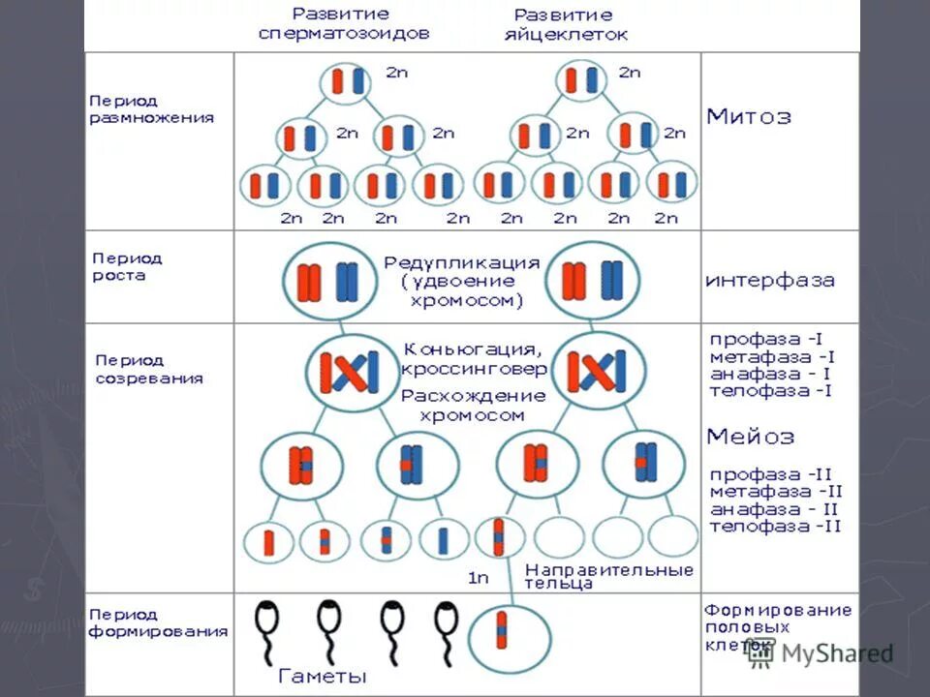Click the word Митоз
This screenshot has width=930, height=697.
pyautogui.click(x=749, y=117)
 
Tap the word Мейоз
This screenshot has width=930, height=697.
pyautogui.click(x=751, y=437)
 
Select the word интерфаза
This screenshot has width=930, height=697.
pyautogui.click(x=769, y=281)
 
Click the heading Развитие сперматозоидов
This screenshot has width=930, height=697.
pyautogui.click(x=344, y=23)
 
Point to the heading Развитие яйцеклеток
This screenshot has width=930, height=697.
pyautogui.click(x=563, y=25)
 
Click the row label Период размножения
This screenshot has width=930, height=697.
pyautogui.click(x=151, y=109)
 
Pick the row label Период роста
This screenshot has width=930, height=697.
pyautogui.click(x=127, y=267)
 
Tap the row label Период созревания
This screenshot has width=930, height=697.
pyautogui.click(x=148, y=369)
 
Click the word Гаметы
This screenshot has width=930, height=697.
pyautogui.click(x=323, y=675)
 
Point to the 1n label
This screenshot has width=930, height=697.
pyautogui.click(x=479, y=578)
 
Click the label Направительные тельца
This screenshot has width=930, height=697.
pyautogui.click(x=608, y=576)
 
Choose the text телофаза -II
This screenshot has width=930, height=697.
pyautogui.click(x=775, y=527)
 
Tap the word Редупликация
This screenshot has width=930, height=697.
pyautogui.click(x=461, y=262)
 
